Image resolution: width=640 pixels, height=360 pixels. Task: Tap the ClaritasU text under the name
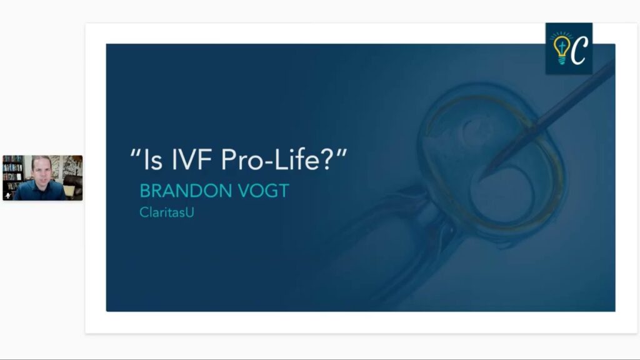(166, 212)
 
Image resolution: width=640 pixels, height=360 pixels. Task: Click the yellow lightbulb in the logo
(562, 49)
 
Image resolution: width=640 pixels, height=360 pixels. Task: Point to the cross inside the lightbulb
(562, 46)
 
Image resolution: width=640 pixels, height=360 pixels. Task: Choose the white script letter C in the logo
(579, 50)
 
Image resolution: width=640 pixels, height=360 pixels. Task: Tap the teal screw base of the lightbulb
(562, 61)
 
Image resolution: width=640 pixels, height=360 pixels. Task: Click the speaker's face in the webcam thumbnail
(42, 170)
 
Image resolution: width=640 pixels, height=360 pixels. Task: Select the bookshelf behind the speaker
(13, 173)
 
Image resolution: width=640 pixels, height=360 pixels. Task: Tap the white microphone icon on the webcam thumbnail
(7, 196)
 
